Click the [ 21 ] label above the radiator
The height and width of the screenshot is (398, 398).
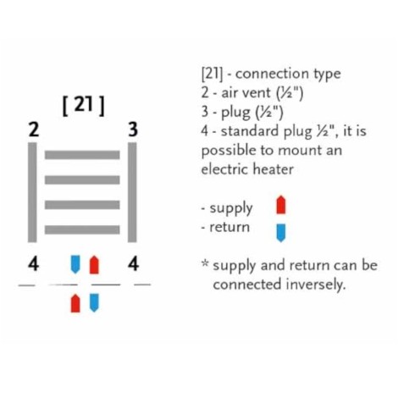pyautogui.click(x=83, y=106)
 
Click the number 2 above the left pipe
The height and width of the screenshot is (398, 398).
pyautogui.click(x=33, y=130)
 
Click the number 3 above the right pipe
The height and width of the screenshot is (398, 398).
pyautogui.click(x=133, y=130)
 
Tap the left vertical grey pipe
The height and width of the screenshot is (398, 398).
pyautogui.click(x=32, y=192)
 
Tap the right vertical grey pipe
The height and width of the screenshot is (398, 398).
pyautogui.click(x=132, y=192)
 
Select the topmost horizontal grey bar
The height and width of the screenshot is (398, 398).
pyautogui.click(x=82, y=155)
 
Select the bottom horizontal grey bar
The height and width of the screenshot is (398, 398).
pyautogui.click(x=82, y=229)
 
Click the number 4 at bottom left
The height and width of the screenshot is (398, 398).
pyautogui.click(x=33, y=264)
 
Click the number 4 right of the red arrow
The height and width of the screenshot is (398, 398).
pyautogui.click(x=133, y=264)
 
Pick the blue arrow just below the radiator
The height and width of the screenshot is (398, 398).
pyautogui.click(x=75, y=264)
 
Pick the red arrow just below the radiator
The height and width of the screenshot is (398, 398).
pyautogui.click(x=94, y=264)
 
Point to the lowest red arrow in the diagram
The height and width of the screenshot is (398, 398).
pyautogui.click(x=75, y=303)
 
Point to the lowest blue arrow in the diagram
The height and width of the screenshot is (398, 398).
pyautogui.click(x=94, y=303)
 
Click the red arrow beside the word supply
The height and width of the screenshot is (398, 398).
pyautogui.click(x=281, y=205)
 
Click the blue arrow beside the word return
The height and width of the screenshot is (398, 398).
pyautogui.click(x=281, y=233)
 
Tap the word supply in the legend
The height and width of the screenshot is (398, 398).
pyautogui.click(x=231, y=209)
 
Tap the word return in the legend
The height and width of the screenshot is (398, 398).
pyautogui.click(x=229, y=227)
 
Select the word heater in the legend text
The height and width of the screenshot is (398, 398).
pyautogui.click(x=273, y=169)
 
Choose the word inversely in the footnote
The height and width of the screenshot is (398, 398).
pyautogui.click(x=316, y=285)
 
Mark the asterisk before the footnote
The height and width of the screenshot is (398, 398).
pyautogui.click(x=205, y=263)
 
